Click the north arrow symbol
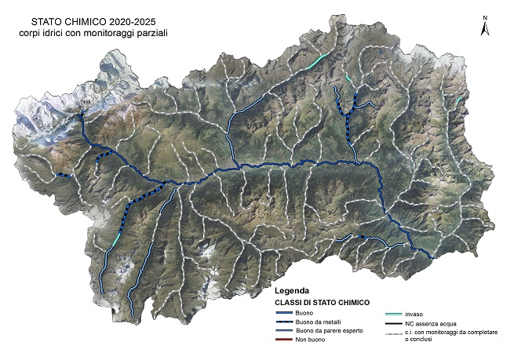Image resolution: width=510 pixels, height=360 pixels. (485, 26)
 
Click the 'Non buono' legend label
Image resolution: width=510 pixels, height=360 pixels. (311, 340)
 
